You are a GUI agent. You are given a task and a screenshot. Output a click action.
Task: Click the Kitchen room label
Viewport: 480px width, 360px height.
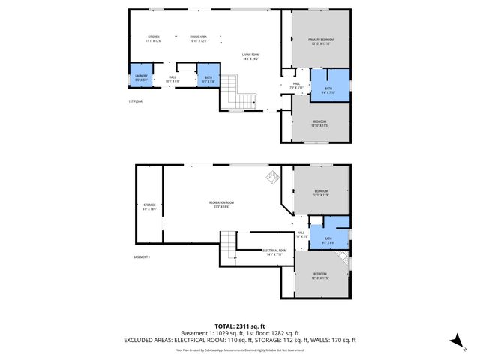coord(154,37)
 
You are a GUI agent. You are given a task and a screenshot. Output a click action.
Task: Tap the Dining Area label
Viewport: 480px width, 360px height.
coord(198,37)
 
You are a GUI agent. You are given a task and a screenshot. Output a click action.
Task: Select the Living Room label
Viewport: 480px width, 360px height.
coord(250,55)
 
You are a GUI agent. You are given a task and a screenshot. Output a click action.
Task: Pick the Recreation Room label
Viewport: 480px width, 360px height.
coord(222,205)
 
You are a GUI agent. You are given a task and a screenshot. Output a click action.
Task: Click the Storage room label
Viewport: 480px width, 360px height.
coord(149,207)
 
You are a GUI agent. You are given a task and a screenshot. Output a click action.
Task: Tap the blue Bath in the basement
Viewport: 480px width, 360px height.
coord(328,238)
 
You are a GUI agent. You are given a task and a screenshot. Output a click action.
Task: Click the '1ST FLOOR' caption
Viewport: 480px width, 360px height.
coord(135,101)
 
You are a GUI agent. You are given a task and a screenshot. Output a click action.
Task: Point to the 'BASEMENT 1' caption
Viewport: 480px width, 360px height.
coord(142,257)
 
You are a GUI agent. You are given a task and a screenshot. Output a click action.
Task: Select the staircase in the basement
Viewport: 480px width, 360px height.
coord(227,247)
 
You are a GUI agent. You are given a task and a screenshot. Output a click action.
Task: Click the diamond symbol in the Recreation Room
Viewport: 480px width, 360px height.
coord(271,178)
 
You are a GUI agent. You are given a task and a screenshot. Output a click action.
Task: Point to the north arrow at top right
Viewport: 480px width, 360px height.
coord(459,149)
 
